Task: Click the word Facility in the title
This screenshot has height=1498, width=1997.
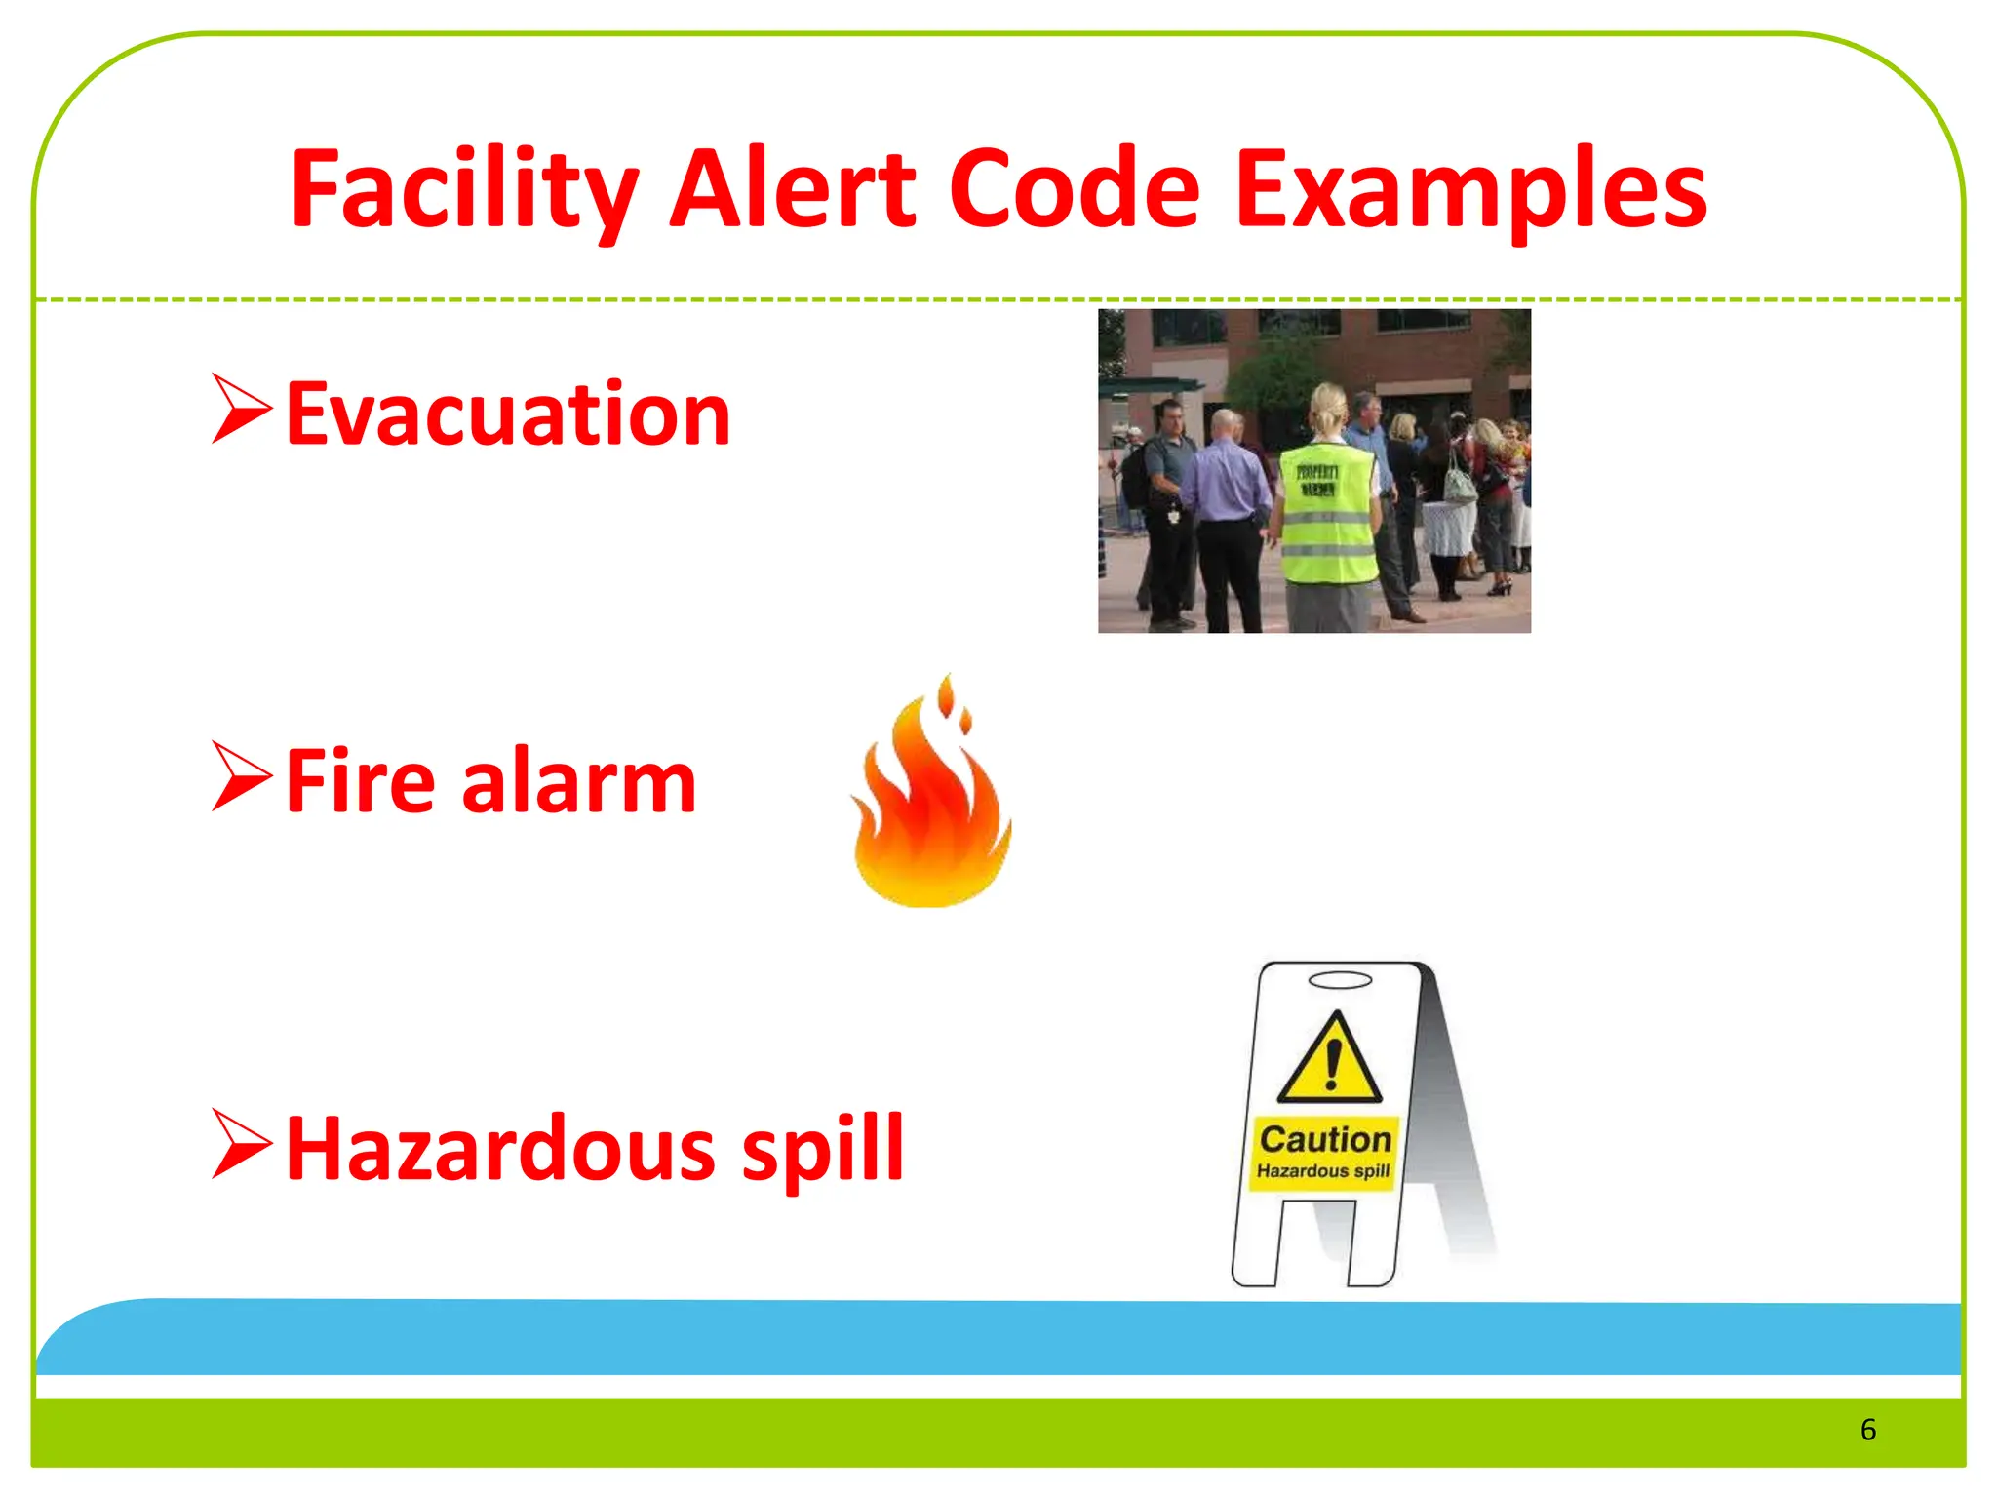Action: [464, 190]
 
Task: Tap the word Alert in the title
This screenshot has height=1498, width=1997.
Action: [793, 190]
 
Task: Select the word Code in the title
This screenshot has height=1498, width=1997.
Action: [1074, 190]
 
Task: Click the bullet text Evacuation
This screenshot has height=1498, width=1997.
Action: [508, 414]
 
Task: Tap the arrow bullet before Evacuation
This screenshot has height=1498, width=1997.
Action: [241, 410]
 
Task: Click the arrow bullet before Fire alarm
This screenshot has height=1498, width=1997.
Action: [241, 777]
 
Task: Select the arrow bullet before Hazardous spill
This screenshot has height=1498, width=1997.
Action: [241, 1145]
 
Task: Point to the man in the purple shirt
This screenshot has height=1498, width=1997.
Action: [1227, 507]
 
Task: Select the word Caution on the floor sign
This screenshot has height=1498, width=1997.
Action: [1325, 1139]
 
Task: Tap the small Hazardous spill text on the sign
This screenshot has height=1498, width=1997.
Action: [1323, 1170]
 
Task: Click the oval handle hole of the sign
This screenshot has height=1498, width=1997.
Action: [1340, 980]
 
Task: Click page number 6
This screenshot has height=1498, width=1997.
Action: [1867, 1430]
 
